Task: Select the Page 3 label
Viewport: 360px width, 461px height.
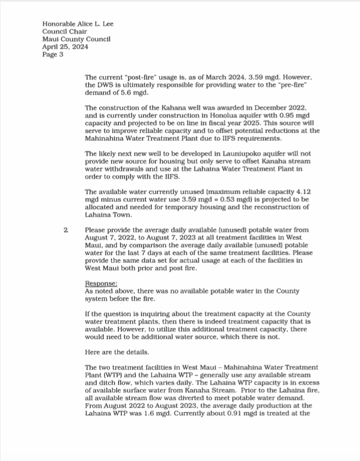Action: tap(53, 54)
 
